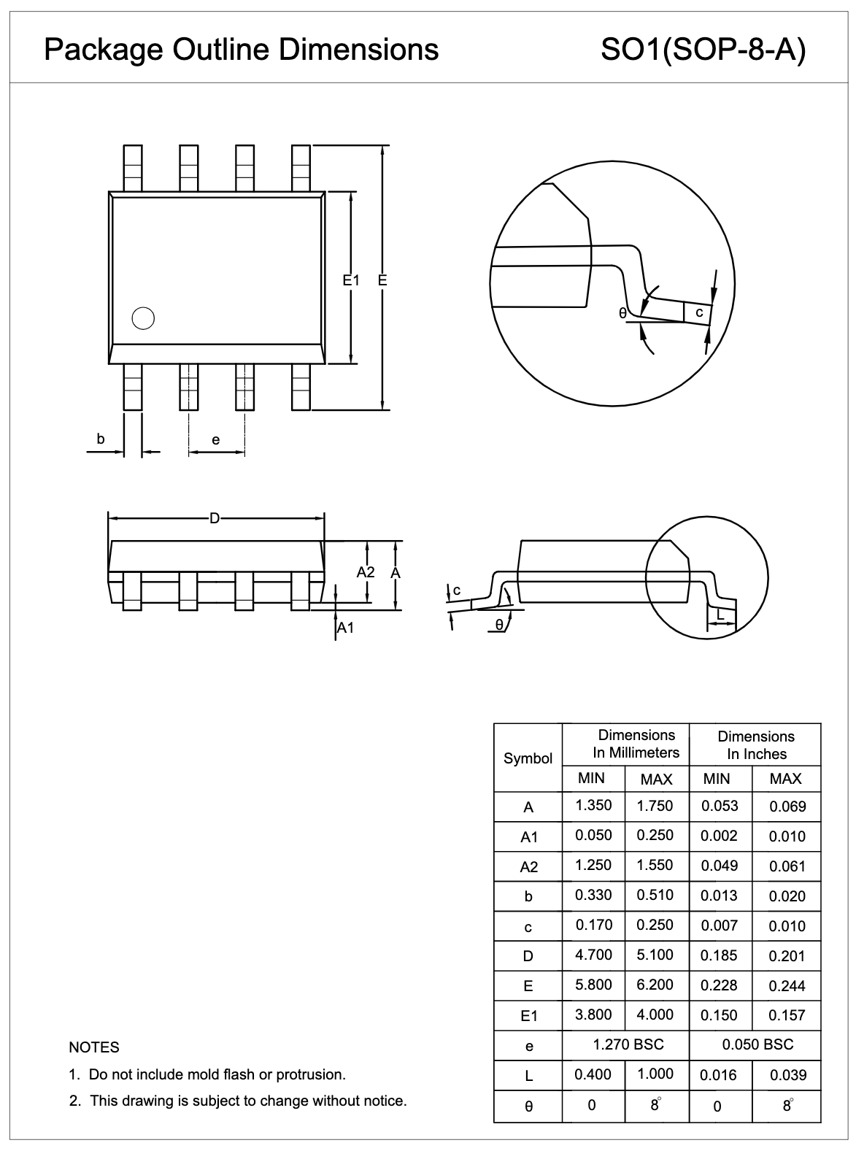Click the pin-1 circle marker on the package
(143, 318)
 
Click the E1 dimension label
(352, 280)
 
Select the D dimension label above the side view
(215, 518)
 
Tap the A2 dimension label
(365, 572)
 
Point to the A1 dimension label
(345, 628)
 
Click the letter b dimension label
(101, 439)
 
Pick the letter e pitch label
(215, 439)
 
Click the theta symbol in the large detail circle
(622, 313)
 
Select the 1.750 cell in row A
(655, 806)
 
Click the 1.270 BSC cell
(628, 1044)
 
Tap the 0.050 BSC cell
(757, 1044)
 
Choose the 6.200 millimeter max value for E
(655, 985)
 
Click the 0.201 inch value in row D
(787, 955)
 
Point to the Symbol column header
(528, 758)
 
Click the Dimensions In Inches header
(756, 744)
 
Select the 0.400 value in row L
(593, 1074)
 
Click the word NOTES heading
(93, 1047)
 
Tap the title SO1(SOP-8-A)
(703, 50)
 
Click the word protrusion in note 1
(309, 1074)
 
